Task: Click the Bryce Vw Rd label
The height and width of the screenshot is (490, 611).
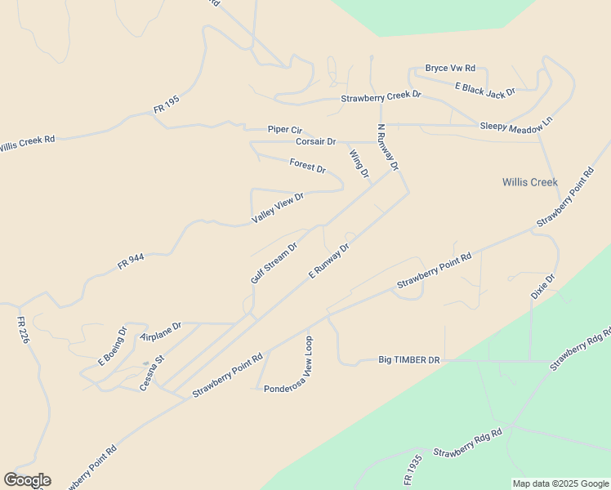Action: (x=450, y=69)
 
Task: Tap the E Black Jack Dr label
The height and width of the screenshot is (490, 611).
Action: (x=485, y=88)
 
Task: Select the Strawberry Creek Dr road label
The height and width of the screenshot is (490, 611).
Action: (x=381, y=96)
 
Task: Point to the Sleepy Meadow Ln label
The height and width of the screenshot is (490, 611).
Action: (x=516, y=124)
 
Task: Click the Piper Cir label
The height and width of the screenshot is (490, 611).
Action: (x=285, y=130)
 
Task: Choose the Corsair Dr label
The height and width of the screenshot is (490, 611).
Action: (x=316, y=141)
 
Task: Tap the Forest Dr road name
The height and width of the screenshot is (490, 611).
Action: (x=308, y=166)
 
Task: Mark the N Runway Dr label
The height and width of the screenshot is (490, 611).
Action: (x=387, y=147)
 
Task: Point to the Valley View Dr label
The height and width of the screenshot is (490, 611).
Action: (x=278, y=207)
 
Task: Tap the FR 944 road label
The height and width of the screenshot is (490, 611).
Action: (x=131, y=261)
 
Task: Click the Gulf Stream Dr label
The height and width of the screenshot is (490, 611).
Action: (x=274, y=263)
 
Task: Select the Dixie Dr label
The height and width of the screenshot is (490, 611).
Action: (x=543, y=287)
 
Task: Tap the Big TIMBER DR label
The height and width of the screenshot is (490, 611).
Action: (x=409, y=359)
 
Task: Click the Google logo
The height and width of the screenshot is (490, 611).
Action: (x=27, y=480)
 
